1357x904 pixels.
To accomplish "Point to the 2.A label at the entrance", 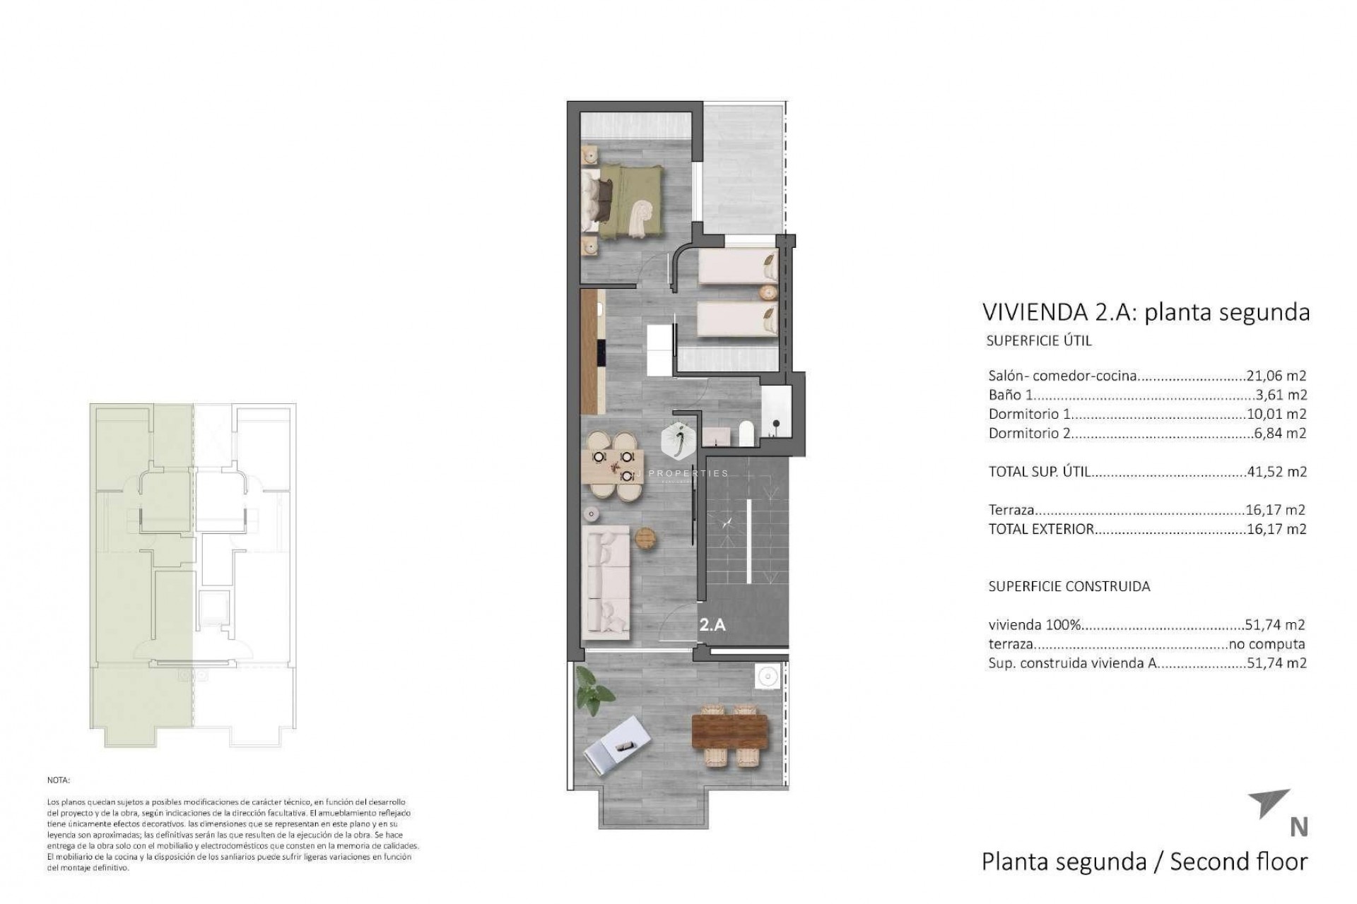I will (712, 624).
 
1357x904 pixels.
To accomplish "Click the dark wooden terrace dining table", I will (729, 736).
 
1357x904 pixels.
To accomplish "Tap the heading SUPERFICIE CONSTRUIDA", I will (1069, 586).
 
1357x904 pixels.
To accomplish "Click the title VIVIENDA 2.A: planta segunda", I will (1146, 312).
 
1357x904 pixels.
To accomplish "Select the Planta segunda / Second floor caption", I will (1144, 862).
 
